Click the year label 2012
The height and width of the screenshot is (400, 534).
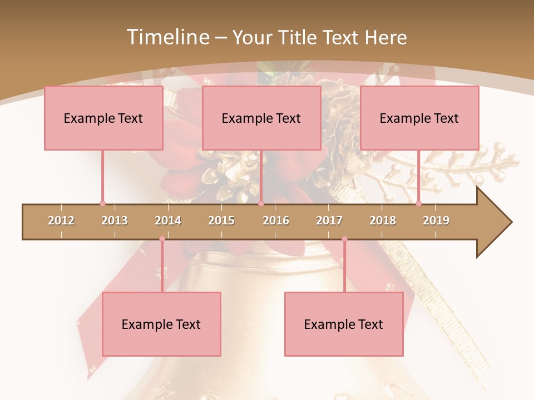[x=61, y=221]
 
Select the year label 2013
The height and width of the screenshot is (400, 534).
[x=115, y=221]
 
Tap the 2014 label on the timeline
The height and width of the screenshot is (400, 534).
[x=168, y=221]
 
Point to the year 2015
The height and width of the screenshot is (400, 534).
[x=221, y=221]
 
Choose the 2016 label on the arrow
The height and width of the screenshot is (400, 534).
[x=276, y=221]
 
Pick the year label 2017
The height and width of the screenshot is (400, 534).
[x=329, y=221]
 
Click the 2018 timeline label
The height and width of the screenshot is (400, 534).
[x=383, y=221]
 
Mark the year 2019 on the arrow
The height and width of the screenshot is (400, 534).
[x=436, y=221]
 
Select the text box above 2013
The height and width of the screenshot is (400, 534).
[x=103, y=118]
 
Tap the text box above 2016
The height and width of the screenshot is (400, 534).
[x=261, y=118]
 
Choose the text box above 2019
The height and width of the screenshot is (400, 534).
[x=419, y=118]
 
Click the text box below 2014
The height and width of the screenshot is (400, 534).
[x=161, y=324]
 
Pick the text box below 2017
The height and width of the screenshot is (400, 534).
[x=344, y=324]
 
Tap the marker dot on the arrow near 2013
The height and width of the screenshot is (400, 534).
[x=102, y=204]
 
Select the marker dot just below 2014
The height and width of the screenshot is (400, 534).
[x=162, y=239]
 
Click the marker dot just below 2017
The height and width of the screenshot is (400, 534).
[x=344, y=239]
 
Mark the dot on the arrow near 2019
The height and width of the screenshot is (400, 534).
[x=418, y=204]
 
